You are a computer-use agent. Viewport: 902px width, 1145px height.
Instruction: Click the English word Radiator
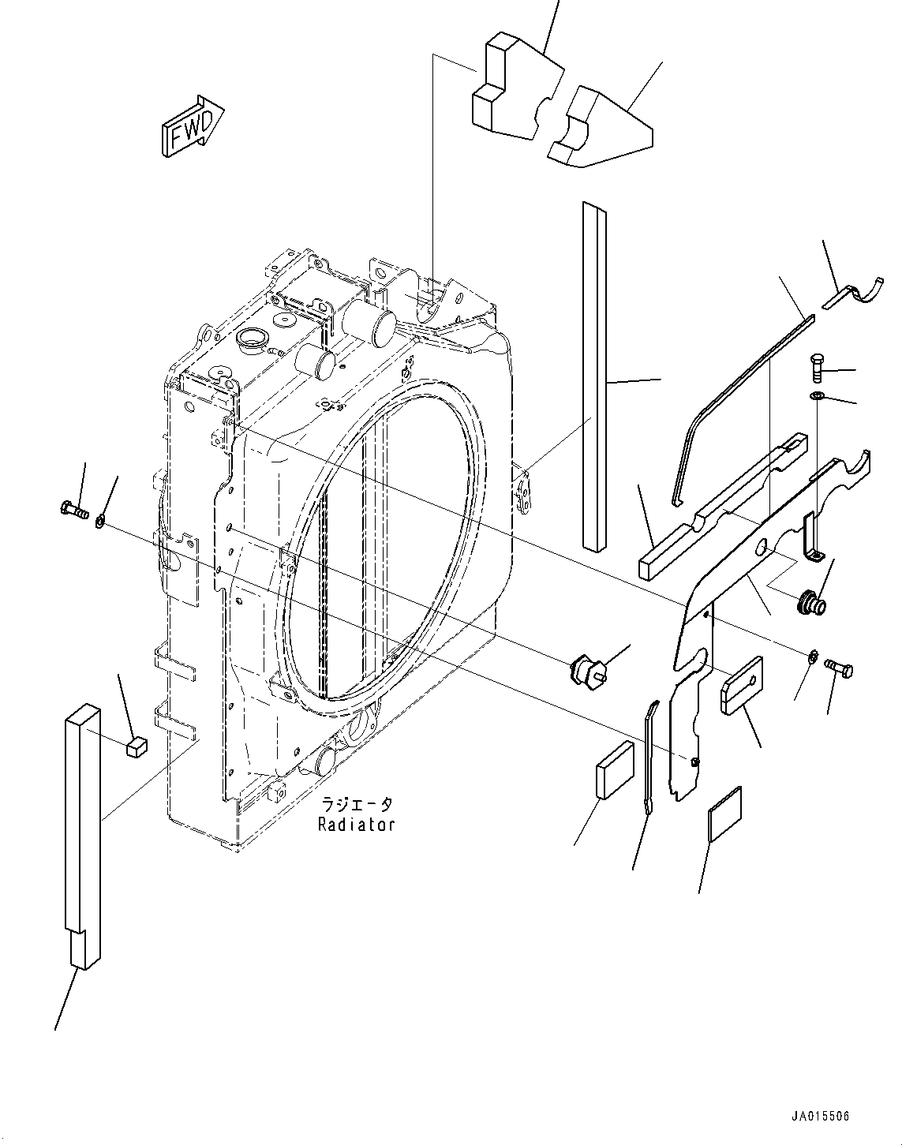point(356,825)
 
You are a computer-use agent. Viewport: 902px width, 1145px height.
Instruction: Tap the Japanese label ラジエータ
point(356,805)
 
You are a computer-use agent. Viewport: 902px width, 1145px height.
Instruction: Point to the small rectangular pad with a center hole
point(742,685)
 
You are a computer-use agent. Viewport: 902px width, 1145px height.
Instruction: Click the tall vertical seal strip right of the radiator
point(595,375)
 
